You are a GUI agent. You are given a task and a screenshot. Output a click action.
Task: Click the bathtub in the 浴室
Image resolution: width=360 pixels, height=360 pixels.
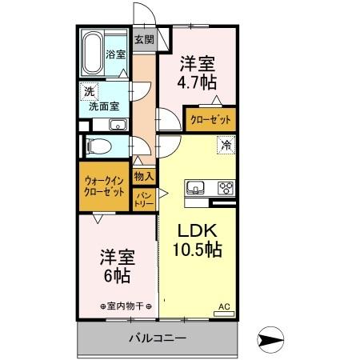[94, 45]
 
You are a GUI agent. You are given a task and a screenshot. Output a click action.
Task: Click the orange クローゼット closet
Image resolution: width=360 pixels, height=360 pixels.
[211, 119]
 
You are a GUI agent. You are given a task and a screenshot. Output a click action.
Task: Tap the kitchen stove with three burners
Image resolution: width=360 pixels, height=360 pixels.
[225, 189]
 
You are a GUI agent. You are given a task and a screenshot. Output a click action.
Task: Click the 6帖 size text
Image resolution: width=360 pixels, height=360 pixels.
[118, 276]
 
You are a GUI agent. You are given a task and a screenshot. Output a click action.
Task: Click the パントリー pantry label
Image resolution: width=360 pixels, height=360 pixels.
[144, 199]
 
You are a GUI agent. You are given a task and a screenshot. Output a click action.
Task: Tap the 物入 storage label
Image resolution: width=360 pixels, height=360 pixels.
[144, 176]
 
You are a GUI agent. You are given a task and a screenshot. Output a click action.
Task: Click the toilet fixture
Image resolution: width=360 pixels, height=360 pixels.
[100, 146]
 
